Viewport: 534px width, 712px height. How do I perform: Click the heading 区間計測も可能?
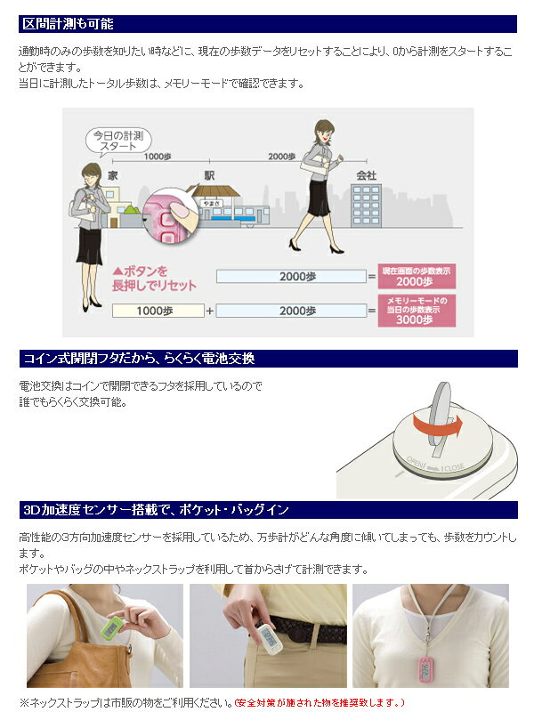(x=69, y=24)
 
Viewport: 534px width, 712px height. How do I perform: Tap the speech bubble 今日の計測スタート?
(x=118, y=141)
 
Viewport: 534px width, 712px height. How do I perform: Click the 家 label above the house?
(x=113, y=175)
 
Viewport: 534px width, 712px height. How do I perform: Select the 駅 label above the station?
(x=209, y=175)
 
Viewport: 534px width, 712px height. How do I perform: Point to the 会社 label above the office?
(x=366, y=175)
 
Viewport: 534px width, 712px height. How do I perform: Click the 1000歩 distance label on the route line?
(x=158, y=157)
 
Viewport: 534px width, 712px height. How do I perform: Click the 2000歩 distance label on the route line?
(x=281, y=157)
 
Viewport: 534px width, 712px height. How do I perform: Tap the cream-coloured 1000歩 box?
(x=158, y=311)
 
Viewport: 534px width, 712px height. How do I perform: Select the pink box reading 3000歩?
(x=417, y=311)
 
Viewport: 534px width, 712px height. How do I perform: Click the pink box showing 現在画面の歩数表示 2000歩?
(x=417, y=276)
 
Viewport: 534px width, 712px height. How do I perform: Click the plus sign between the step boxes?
(x=210, y=311)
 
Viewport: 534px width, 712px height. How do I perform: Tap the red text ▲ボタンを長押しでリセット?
(x=154, y=279)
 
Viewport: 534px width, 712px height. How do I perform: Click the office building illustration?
(x=366, y=206)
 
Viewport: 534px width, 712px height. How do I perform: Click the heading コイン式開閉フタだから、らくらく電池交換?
(x=139, y=359)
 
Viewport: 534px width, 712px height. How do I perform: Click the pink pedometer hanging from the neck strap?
(x=426, y=667)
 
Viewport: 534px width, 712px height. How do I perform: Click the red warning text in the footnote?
(x=320, y=703)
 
